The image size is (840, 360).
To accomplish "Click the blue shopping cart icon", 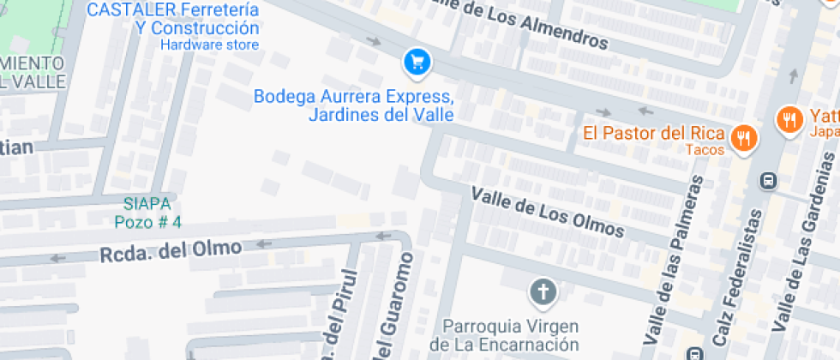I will click(x=417, y=61).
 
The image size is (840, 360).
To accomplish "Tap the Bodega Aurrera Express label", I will click(x=353, y=104).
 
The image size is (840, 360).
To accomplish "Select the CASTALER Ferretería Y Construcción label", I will click(x=173, y=18).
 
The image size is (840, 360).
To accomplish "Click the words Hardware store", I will click(x=209, y=44).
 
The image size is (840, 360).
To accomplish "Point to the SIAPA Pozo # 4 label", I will click(x=147, y=213).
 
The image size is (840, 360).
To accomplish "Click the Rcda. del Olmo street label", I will click(x=170, y=250).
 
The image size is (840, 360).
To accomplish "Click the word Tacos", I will click(x=705, y=150).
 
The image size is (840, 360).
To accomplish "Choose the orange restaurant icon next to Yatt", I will click(x=789, y=119).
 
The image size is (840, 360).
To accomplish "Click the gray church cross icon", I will click(x=543, y=293).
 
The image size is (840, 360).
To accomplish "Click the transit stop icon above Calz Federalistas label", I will click(x=768, y=181).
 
